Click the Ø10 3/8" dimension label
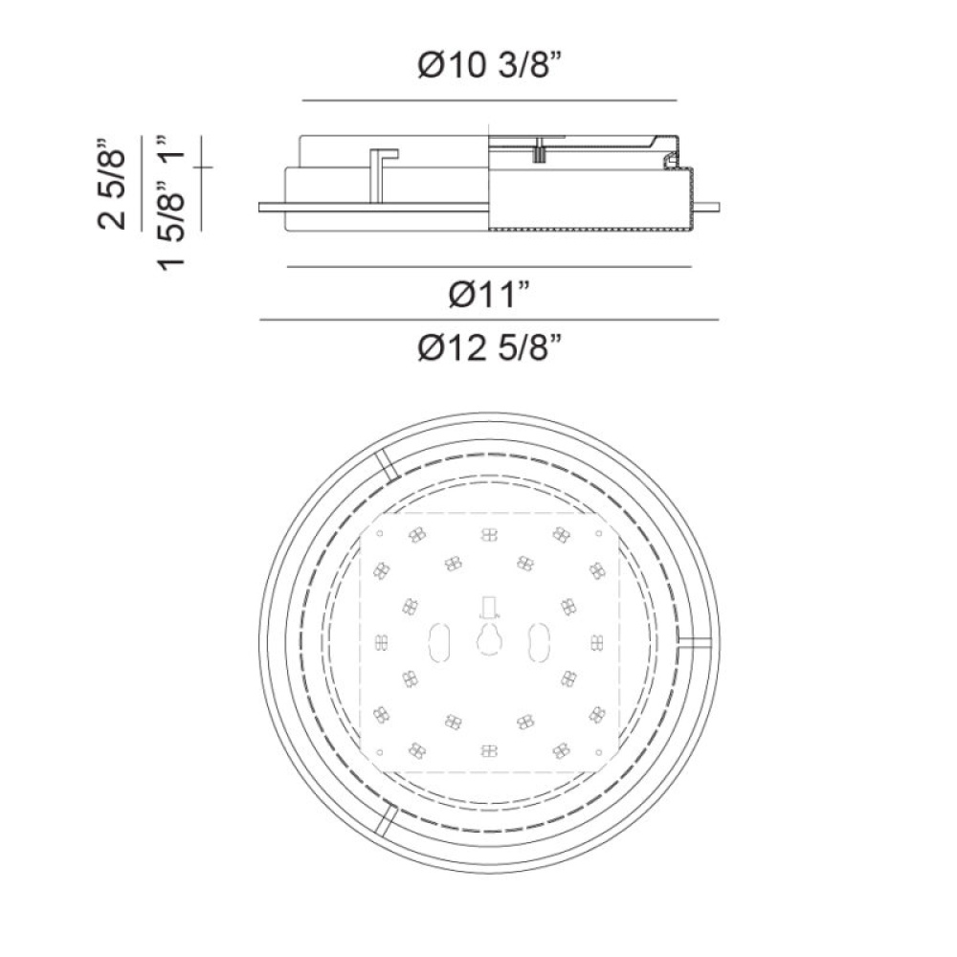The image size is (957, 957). click(489, 65)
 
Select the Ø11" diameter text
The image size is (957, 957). click(489, 296)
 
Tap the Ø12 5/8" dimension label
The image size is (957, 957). click(489, 348)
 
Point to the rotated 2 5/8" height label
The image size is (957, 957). click(111, 184)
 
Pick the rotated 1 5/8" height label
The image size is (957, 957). click(171, 225)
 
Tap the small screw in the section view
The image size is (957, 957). click(539, 150)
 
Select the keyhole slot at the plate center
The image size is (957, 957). click(489, 640)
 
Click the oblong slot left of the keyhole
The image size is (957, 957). click(439, 642)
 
